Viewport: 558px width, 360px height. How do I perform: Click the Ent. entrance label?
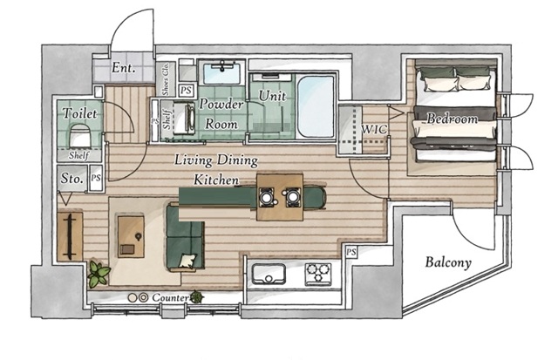123,68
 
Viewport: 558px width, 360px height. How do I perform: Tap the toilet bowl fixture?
80,135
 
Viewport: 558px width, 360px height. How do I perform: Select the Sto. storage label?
71,179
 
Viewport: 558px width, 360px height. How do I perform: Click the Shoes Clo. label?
166,79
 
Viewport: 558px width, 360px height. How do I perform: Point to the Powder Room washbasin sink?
221,72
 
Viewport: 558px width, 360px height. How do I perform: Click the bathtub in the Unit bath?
316,106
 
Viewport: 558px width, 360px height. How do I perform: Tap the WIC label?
374,129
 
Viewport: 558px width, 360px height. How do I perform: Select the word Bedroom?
452,119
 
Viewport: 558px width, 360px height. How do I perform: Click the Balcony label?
448,262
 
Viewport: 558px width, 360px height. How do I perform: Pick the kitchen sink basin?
269,274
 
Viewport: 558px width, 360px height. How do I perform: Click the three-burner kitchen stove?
318,275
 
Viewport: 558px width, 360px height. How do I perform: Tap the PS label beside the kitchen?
351,252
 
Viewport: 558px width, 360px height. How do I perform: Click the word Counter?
170,297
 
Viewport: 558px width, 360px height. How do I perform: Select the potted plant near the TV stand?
99,274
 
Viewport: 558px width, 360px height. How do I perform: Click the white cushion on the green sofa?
187,261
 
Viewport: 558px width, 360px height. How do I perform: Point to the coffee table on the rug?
131,236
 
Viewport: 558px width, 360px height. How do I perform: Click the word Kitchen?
216,180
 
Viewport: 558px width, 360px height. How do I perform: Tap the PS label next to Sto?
96,178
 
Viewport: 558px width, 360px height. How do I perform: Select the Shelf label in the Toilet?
79,155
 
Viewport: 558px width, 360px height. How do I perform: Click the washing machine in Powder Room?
184,118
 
